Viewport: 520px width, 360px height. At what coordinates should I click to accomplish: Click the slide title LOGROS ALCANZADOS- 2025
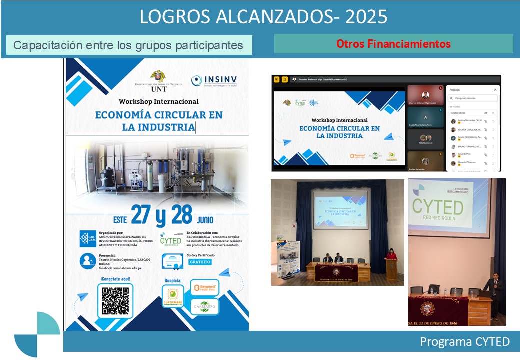pos(263,17)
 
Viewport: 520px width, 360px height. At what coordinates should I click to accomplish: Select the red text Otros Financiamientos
pos(393,44)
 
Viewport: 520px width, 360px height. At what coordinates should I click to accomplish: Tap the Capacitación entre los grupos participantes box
pos(129,45)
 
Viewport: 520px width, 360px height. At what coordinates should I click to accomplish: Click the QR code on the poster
pos(115,300)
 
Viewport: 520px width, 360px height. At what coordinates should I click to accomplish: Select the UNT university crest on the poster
pos(158,76)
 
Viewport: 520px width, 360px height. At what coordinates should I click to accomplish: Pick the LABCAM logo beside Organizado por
pos(88,239)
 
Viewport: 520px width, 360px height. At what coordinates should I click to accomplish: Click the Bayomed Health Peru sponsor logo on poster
pos(205,288)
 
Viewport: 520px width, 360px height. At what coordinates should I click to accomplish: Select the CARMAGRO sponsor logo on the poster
pos(205,306)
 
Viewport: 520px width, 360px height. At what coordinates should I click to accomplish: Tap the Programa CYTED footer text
pos(464,342)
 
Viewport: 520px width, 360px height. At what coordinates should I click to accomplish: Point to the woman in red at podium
pos(391,255)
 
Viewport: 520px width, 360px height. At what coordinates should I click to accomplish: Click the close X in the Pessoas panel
pos(495,90)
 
